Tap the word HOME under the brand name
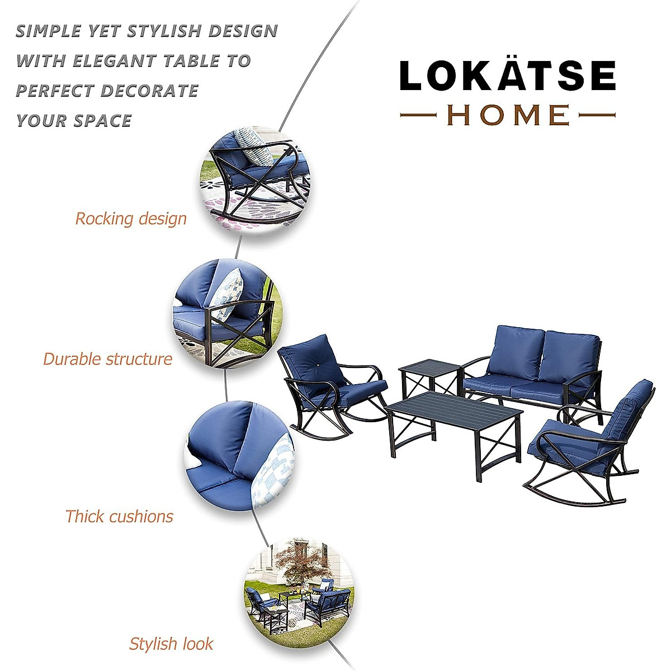(508, 115)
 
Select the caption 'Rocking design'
(131, 219)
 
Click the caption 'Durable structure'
(108, 359)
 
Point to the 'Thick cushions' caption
(119, 516)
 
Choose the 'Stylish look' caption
(171, 644)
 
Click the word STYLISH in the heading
(162, 31)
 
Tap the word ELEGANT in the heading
(114, 61)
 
